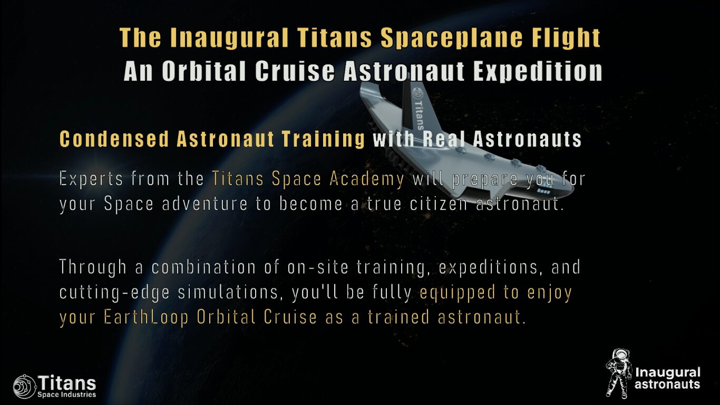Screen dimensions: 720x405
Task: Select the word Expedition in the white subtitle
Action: tap(538, 71)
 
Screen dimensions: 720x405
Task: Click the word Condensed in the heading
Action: tap(114, 139)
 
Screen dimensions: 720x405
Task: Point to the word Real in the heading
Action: tap(444, 139)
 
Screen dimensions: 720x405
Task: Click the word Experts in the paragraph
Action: tap(91, 179)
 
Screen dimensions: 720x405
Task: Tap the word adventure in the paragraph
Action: tap(205, 204)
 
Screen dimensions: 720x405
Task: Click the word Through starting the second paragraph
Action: tap(93, 268)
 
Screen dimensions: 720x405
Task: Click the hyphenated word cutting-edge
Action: tap(114, 293)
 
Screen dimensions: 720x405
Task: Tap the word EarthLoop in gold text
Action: tap(146, 317)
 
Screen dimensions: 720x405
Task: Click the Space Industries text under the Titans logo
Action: tap(66, 394)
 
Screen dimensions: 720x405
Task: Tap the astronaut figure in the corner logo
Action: tap(618, 373)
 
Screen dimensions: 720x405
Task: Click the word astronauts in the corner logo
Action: tap(667, 384)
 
